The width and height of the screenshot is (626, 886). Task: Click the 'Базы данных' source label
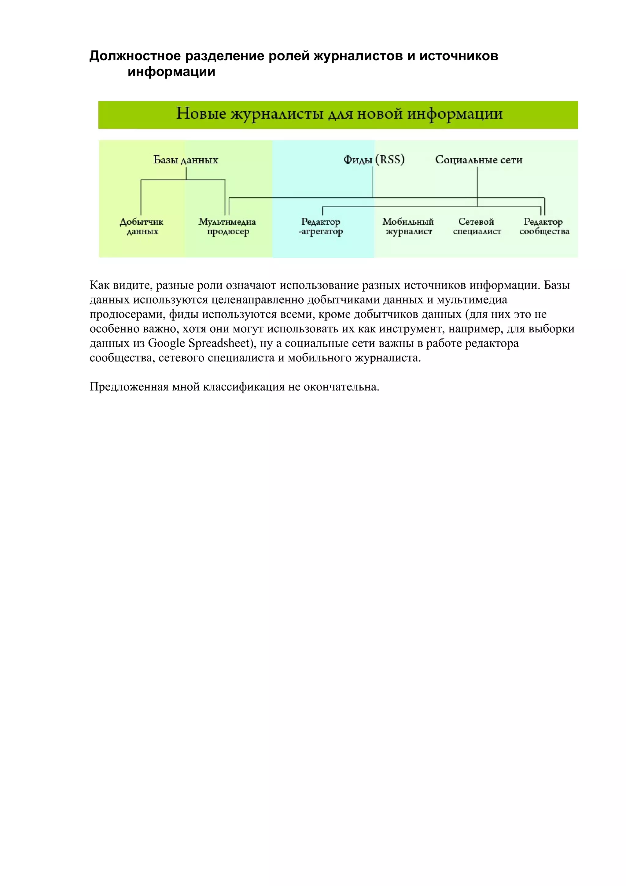(x=186, y=160)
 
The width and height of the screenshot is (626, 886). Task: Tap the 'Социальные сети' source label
(x=479, y=160)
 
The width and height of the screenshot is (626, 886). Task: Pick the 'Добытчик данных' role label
(x=142, y=227)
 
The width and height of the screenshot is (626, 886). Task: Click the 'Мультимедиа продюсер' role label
(x=227, y=227)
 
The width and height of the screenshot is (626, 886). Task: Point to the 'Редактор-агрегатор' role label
(x=321, y=227)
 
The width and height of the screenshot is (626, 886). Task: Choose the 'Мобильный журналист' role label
(x=408, y=227)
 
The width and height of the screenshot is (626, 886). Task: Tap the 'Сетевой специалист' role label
(x=477, y=227)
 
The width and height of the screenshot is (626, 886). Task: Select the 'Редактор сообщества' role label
(x=544, y=227)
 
